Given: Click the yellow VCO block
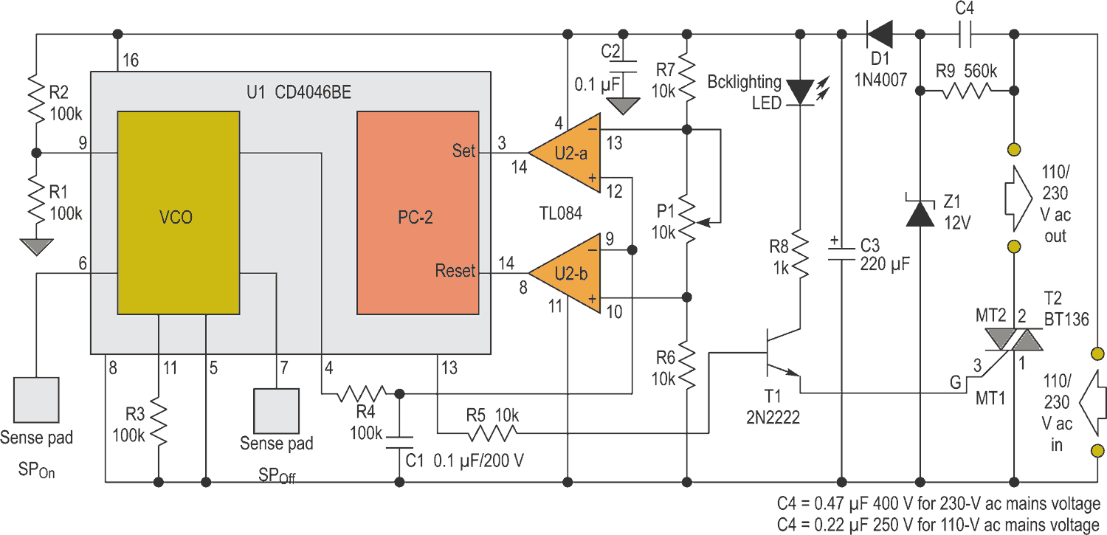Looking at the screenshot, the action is click(179, 213).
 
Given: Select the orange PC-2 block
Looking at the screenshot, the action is click(418, 213).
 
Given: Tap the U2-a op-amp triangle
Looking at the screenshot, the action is click(565, 153).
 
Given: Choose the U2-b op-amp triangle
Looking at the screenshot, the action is click(565, 273).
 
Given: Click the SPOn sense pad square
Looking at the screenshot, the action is click(37, 400).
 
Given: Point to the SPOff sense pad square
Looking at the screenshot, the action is click(276, 411).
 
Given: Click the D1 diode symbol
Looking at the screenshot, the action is click(880, 34).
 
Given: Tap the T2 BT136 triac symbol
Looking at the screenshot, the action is click(1014, 340).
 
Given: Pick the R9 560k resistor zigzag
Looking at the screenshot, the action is click(967, 91).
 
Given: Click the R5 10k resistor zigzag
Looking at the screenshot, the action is click(492, 434).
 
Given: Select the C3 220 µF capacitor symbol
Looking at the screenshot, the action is click(841, 254).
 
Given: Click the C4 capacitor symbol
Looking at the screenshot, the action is click(965, 34).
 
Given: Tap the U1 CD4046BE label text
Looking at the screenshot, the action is click(299, 92).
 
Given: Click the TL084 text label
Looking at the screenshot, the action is click(560, 213).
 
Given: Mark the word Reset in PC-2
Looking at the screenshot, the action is click(455, 271).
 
